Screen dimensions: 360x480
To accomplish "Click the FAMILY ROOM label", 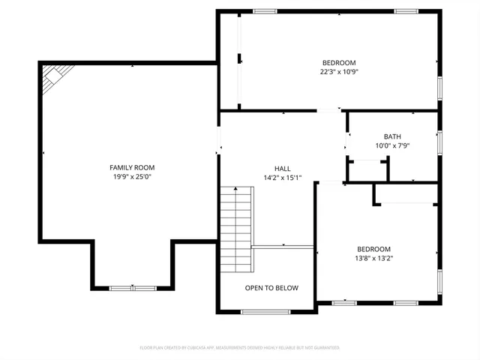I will click(x=132, y=167).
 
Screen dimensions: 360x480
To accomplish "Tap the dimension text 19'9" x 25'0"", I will click(x=132, y=177).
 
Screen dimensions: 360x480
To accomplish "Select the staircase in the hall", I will click(x=236, y=229).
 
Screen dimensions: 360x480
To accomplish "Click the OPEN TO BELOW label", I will click(x=271, y=288).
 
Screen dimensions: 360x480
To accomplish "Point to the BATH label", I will click(x=392, y=136).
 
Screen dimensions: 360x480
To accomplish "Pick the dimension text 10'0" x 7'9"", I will click(x=392, y=146).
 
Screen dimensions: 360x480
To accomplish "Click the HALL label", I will click(x=282, y=169).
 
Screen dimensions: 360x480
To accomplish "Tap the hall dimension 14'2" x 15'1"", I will click(x=282, y=178).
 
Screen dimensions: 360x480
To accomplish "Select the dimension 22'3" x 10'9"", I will click(x=339, y=72).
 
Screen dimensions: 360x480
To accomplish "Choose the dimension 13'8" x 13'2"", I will click(x=373, y=259).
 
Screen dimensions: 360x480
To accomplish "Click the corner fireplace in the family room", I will click(x=55, y=76).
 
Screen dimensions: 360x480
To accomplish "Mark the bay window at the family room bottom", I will click(x=133, y=288).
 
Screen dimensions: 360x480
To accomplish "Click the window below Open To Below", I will click(x=265, y=311).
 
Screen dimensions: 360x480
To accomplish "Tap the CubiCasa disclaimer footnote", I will click(x=240, y=348).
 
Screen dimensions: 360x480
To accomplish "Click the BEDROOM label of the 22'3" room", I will click(x=339, y=62).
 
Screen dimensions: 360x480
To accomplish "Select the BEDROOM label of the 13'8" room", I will click(x=373, y=249).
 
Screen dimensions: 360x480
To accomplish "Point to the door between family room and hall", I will click(x=219, y=141).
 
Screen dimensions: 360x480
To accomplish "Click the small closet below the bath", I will click(x=367, y=170).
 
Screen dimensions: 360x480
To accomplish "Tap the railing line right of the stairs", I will click(x=283, y=246).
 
